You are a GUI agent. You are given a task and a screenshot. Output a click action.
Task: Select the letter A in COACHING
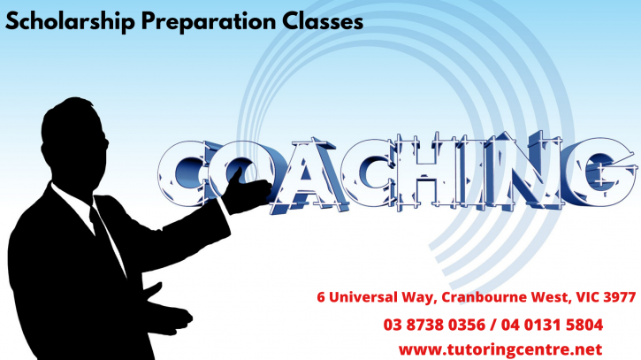coord(309,176)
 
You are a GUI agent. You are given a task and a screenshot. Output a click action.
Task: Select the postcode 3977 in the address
coord(619,296)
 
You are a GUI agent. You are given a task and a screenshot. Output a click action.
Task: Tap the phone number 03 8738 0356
coord(434,325)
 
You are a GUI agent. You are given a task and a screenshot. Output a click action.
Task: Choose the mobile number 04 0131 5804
coord(552,325)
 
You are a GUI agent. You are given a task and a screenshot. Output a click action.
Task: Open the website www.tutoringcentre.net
coord(500,349)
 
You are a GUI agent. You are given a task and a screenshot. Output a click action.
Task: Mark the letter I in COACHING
coord(472,171)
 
